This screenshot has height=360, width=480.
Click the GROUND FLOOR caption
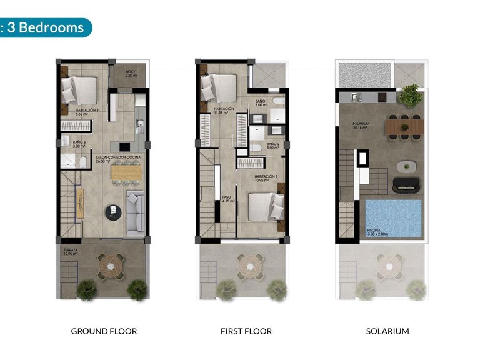click(x=104, y=331)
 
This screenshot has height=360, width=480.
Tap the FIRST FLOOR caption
click(x=246, y=331)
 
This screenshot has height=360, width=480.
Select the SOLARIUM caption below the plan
click(x=387, y=331)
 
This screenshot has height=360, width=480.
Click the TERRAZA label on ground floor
click(x=70, y=252)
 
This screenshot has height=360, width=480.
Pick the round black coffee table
click(x=114, y=212)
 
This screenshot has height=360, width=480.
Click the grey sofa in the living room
click(x=136, y=213)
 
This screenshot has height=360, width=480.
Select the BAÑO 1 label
click(x=261, y=103)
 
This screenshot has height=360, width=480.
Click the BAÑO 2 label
click(x=273, y=146)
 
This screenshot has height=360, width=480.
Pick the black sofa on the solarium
click(x=407, y=185)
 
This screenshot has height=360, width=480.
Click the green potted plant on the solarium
click(x=410, y=95)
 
